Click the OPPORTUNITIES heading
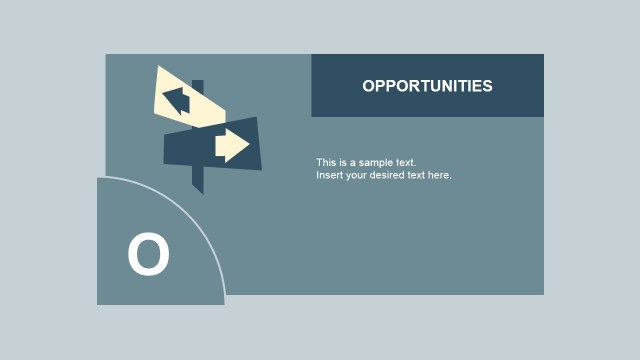click(427, 86)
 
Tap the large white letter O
click(148, 254)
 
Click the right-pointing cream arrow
click(232, 146)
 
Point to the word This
click(326, 162)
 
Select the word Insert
click(329, 175)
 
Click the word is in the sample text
click(342, 162)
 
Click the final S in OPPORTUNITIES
click(487, 86)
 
